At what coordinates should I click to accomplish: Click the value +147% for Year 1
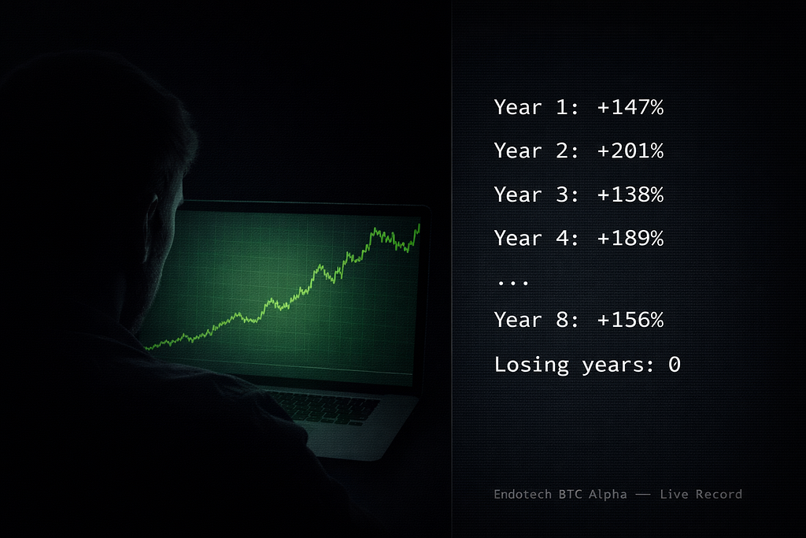tap(630, 107)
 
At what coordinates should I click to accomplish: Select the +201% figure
tap(630, 150)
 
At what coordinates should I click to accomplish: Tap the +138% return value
tap(630, 195)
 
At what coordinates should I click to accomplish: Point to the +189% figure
tap(630, 238)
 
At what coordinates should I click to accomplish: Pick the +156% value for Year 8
tap(630, 320)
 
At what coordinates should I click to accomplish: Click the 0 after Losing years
tap(675, 365)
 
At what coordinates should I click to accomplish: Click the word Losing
tap(531, 365)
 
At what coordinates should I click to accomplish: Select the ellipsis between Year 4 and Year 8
tap(513, 282)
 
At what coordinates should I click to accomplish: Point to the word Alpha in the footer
tap(608, 495)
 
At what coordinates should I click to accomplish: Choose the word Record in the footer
tap(719, 494)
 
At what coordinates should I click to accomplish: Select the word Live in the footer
tap(674, 494)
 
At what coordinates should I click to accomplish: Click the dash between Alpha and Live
tap(643, 495)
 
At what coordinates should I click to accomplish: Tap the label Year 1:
tap(537, 107)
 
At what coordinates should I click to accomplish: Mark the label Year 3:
tap(537, 195)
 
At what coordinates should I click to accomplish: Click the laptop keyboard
tap(323, 407)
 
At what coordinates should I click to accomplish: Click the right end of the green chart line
tap(420, 224)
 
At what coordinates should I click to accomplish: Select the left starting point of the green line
tap(146, 348)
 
